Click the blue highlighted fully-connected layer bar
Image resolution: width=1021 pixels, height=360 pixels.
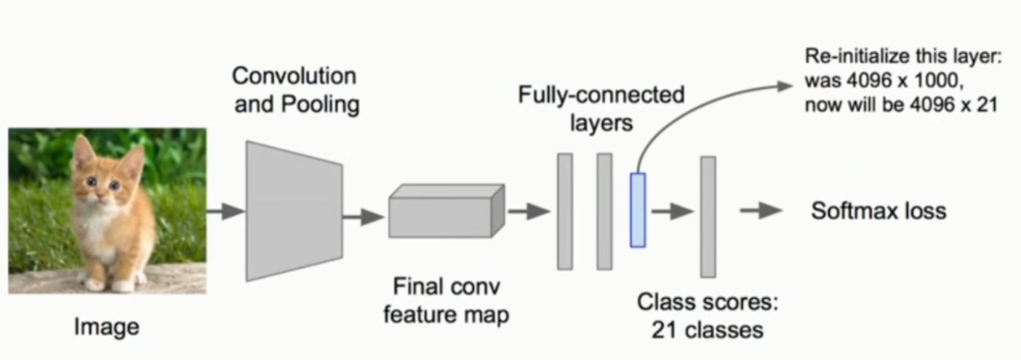(638, 210)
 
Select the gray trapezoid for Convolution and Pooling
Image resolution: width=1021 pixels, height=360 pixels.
(293, 210)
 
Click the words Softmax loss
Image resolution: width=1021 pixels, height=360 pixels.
(878, 211)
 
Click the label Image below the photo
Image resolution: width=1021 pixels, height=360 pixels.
(106, 327)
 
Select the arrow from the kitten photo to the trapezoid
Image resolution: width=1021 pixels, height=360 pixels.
(225, 212)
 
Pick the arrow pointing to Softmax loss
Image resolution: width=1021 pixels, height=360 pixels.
(761, 211)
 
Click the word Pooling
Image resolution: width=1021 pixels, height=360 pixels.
(321, 104)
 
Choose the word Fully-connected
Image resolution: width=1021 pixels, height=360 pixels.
(601, 95)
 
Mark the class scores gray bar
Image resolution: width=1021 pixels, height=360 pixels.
(708, 216)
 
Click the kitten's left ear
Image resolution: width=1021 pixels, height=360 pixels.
(82, 150)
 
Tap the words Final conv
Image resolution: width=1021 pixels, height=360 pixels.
(446, 286)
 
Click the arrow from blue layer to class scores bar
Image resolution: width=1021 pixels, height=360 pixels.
(671, 212)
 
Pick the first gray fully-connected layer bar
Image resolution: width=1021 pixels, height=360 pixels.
(565, 211)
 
